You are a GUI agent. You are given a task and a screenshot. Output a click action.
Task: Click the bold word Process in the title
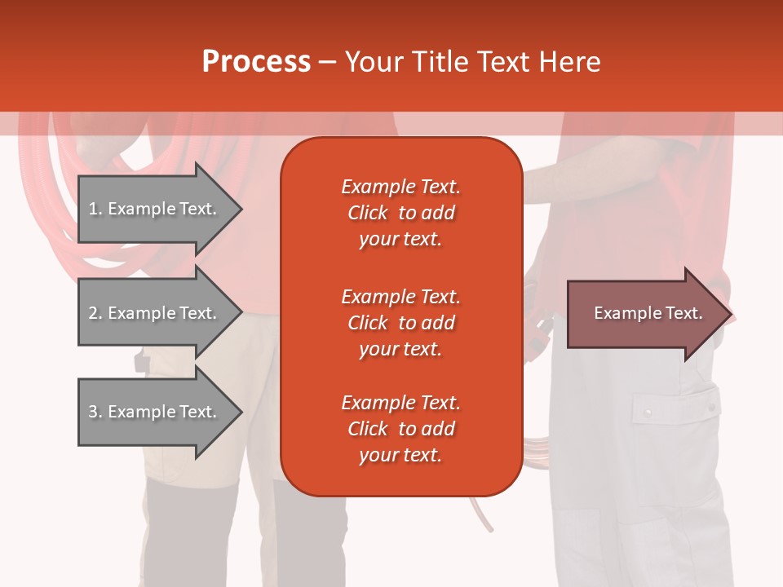(256, 62)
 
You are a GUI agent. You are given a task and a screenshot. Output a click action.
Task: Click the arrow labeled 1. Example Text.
(155, 209)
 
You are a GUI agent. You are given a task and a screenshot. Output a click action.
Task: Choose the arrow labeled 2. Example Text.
(155, 313)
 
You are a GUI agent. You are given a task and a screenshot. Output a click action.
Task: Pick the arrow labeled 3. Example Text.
(155, 412)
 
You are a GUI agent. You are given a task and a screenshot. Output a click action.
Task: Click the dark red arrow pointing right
(644, 314)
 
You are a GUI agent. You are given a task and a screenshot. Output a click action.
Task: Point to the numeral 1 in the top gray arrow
(93, 209)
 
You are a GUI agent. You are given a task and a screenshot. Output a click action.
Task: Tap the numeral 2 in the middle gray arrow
(93, 313)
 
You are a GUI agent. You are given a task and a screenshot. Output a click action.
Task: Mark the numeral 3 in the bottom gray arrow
(93, 412)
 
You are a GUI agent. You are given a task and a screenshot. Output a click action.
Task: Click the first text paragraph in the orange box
(400, 213)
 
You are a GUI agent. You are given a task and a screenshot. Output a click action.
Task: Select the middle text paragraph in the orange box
(400, 323)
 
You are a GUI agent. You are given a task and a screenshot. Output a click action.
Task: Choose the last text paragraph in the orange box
(400, 429)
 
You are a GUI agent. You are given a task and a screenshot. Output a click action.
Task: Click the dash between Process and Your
(328, 63)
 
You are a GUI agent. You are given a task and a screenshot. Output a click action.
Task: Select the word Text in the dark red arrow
(684, 313)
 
